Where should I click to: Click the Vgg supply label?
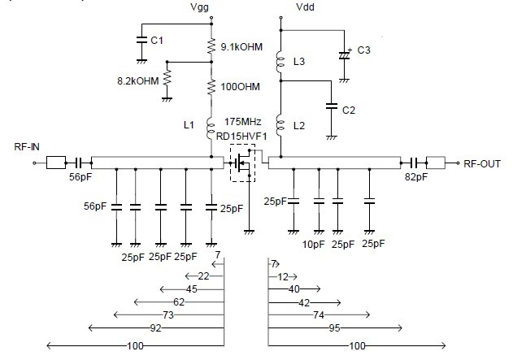[199, 7]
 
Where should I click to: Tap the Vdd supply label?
[305, 7]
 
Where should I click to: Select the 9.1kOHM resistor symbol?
[211, 46]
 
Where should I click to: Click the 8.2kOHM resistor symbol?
[167, 78]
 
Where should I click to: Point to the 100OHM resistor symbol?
[211, 87]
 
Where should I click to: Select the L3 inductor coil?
[280, 62]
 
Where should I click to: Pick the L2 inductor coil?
[280, 126]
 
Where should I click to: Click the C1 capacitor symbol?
[141, 40]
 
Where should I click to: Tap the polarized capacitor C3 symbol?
[344, 54]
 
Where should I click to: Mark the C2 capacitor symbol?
[332, 106]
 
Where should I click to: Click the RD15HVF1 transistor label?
[241, 136]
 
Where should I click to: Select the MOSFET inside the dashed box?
[243, 163]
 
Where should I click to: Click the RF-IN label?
[27, 147]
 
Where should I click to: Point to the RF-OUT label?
[482, 164]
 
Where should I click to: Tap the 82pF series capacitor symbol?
[414, 163]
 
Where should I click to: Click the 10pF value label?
[314, 245]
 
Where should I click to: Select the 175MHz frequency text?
[243, 122]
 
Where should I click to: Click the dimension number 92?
[156, 327]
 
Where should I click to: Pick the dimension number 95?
[334, 327]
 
